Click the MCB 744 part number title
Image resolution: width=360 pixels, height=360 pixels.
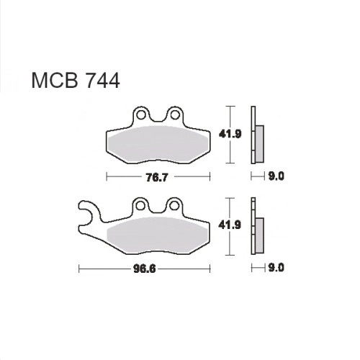(x=76, y=81)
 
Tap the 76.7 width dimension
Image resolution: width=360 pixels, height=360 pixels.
(x=156, y=178)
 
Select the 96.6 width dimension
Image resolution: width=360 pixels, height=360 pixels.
(x=145, y=269)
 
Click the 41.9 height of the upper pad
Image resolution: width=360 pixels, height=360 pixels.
(x=230, y=134)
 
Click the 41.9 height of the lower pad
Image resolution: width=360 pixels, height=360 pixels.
(x=230, y=225)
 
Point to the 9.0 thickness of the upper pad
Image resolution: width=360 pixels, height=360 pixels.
(x=276, y=176)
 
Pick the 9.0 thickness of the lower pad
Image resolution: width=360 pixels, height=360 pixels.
(x=276, y=267)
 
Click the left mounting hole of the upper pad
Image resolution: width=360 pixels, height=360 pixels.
(x=141, y=115)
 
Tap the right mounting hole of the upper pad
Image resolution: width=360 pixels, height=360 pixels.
(x=175, y=115)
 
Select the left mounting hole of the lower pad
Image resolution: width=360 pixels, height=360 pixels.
(x=140, y=206)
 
